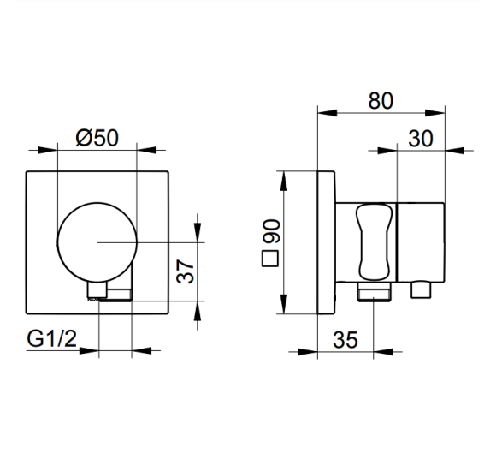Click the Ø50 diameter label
tap(97, 138)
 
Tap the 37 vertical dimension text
tap(186, 271)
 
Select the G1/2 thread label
tap(52, 338)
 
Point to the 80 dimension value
tap(381, 101)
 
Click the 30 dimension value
tap(421, 139)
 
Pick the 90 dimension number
tap(272, 231)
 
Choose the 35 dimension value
tap(345, 340)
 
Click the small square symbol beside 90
tap(270, 259)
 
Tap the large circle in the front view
tap(57, 242)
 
